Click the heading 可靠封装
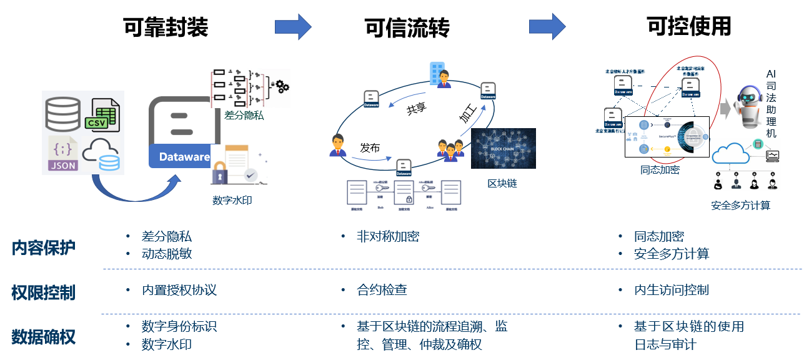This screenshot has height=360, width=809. click(x=166, y=27)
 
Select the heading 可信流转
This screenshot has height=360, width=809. click(x=407, y=27)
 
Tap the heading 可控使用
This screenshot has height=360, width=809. click(x=688, y=26)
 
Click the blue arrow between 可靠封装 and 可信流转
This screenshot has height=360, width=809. click(x=292, y=26)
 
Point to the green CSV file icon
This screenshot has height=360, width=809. click(x=102, y=116)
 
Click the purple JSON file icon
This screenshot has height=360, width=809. click(x=63, y=154)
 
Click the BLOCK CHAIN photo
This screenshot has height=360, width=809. click(x=503, y=148)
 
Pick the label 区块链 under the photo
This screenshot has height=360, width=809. click(x=502, y=184)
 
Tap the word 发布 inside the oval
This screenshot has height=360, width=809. click(x=369, y=148)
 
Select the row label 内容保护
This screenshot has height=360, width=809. click(x=44, y=248)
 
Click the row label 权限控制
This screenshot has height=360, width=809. click(x=44, y=292)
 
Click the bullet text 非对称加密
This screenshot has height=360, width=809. click(x=387, y=237)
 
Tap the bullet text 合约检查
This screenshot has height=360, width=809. click(x=382, y=290)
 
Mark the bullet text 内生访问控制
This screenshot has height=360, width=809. click(x=671, y=290)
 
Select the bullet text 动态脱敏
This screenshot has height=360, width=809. click(x=167, y=254)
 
